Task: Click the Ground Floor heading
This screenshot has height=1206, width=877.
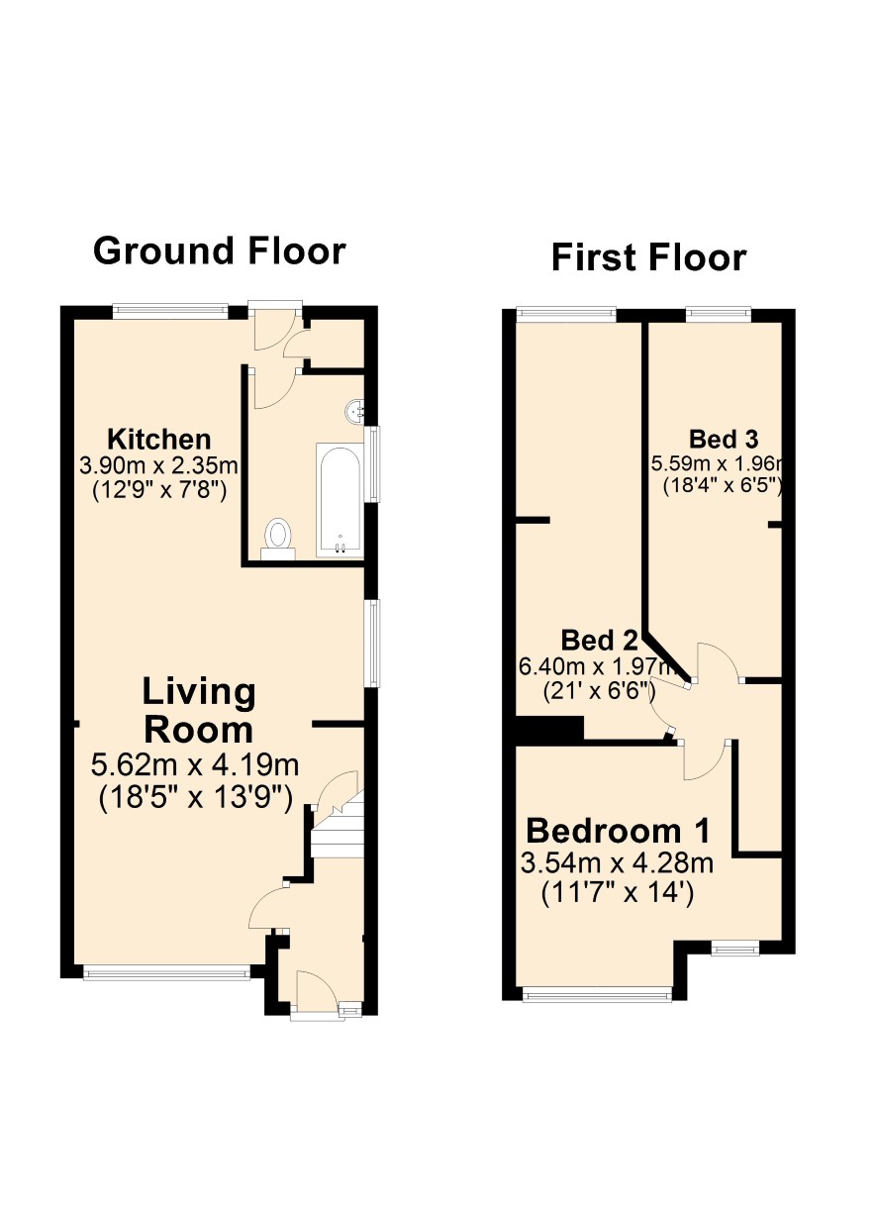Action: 219,251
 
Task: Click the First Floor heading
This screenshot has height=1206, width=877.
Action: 648,257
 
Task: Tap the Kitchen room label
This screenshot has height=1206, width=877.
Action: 158,440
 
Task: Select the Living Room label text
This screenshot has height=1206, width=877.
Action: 199,711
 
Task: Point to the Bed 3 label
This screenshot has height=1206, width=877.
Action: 724,439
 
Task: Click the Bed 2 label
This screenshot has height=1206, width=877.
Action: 599,641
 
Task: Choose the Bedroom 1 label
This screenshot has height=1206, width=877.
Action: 618,831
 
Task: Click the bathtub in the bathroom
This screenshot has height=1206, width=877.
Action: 340,501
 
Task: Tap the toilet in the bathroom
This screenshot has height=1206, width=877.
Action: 278,539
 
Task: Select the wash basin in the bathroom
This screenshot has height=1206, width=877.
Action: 354,412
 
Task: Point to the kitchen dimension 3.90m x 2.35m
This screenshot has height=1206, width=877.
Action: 158,465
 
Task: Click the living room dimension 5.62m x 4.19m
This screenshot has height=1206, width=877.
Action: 195,765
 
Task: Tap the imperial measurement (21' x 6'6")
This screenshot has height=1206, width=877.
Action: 599,690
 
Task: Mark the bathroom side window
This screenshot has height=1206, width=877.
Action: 372,464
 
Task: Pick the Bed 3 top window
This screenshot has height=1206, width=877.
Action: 719,313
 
